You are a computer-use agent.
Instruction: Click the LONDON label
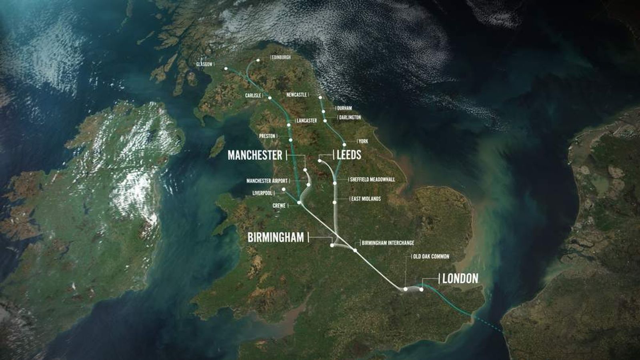[x=460, y=278]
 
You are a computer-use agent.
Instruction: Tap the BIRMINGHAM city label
[x=276, y=238]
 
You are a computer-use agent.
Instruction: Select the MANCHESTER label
[x=255, y=155]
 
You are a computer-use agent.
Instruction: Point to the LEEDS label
[x=349, y=155]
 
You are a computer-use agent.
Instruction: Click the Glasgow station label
[x=204, y=64]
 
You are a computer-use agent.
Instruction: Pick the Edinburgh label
[x=282, y=57]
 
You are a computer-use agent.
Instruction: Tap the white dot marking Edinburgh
[x=258, y=61]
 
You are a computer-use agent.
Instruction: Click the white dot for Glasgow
[x=226, y=68]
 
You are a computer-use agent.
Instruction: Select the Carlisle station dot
[x=270, y=98]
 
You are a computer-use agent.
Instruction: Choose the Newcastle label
[x=296, y=95]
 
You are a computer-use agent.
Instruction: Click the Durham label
[x=344, y=108]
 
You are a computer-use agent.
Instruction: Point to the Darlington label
[x=350, y=118]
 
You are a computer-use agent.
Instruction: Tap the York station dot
[x=344, y=144]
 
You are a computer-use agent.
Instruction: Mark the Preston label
[x=267, y=136]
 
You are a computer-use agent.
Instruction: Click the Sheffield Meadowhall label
[x=372, y=180]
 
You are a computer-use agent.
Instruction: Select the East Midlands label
[x=366, y=199]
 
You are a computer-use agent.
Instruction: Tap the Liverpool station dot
[x=283, y=189]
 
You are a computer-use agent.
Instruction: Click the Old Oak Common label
[x=431, y=256]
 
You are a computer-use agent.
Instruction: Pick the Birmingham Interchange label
[x=388, y=243]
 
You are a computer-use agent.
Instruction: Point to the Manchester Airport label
[x=267, y=181]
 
